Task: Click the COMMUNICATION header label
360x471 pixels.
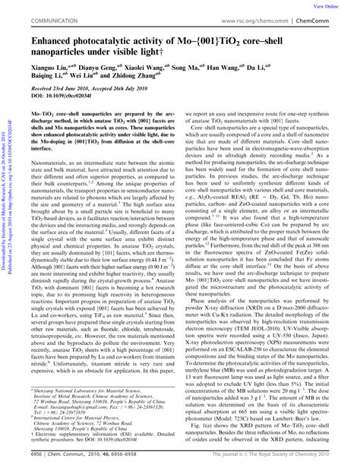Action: click(52, 21)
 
